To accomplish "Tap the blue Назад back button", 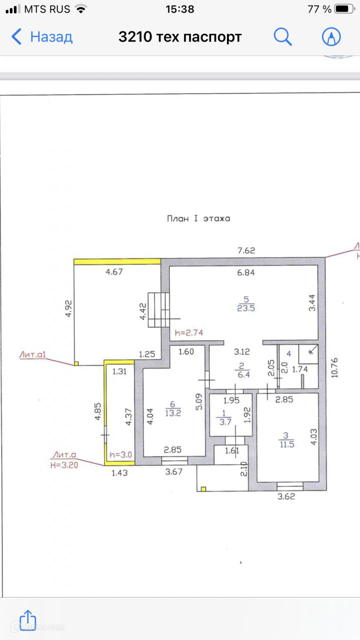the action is [x=41, y=37].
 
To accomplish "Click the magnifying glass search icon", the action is [x=282, y=36].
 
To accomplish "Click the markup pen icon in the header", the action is [x=331, y=36].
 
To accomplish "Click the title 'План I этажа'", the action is [x=198, y=218].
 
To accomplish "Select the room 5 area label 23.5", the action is [x=245, y=308].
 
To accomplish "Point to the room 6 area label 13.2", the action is [x=173, y=413].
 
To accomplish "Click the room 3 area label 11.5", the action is [x=286, y=444].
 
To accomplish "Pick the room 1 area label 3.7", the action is [x=225, y=422].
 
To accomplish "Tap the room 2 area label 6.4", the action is [x=243, y=374].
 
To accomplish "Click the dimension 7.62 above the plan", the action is [x=246, y=250].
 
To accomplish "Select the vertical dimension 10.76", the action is [x=334, y=367].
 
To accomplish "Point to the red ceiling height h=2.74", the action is [x=189, y=332].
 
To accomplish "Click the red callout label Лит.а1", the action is [x=32, y=354].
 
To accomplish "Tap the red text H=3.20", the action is [x=64, y=465].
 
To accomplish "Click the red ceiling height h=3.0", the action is [x=120, y=454].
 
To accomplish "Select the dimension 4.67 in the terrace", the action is [x=114, y=271].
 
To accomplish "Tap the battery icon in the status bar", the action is [x=345, y=9].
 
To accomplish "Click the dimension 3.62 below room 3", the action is [x=286, y=496].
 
